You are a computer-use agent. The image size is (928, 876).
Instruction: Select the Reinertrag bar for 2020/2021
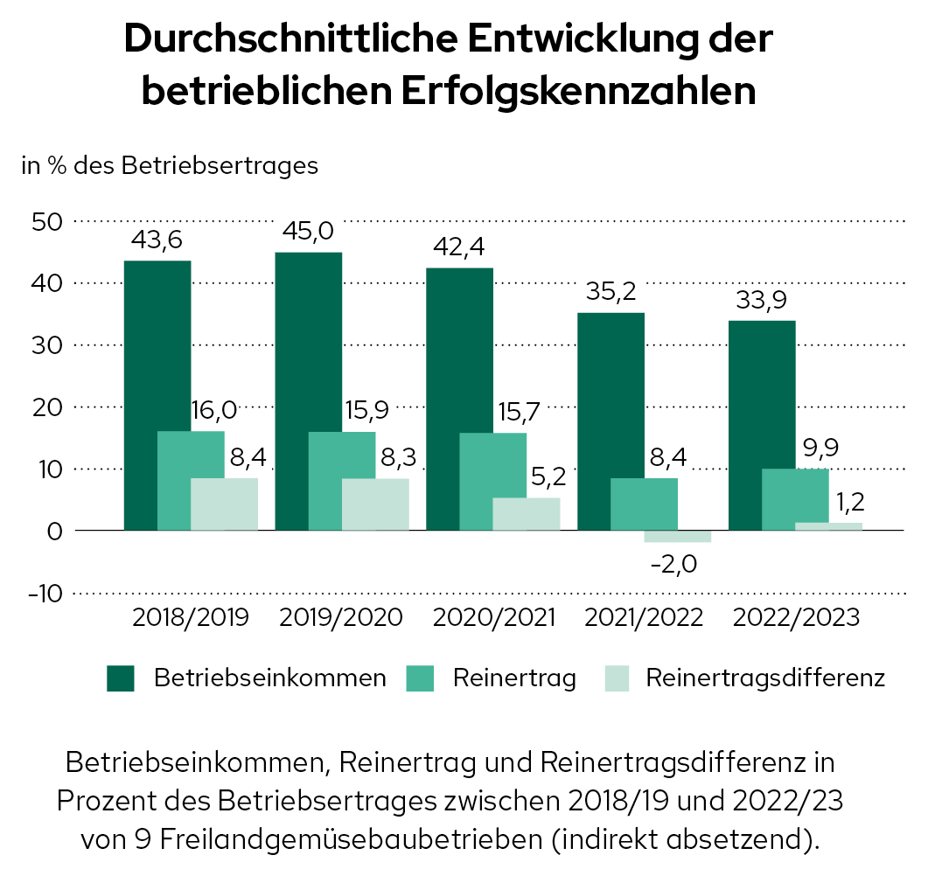coord(493,481)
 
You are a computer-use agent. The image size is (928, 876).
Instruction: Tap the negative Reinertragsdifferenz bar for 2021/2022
coord(678,537)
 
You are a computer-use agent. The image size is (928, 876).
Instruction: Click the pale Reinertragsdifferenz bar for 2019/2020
coord(375,504)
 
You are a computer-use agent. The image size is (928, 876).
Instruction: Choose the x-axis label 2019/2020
coord(341,617)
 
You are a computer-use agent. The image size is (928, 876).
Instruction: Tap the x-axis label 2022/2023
coord(797,617)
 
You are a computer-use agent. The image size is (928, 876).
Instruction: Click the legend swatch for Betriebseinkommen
coord(121,678)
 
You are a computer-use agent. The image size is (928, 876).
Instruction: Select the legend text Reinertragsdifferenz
coord(765,678)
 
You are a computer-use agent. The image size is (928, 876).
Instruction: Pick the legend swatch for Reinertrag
coord(422,678)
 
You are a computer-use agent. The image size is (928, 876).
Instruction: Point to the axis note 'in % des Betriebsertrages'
coord(170,166)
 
